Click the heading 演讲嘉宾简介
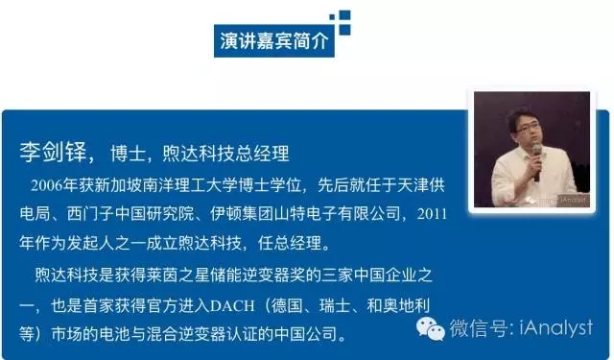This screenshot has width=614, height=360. point(273,40)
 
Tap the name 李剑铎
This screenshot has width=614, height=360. point(53,153)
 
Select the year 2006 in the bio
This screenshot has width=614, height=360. point(47,185)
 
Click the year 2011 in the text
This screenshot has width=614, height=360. point(432,214)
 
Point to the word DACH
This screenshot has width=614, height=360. point(232,305)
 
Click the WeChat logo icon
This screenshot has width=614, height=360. point(431,329)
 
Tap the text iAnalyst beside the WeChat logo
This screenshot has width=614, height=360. point(556,328)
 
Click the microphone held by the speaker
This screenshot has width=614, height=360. point(537,161)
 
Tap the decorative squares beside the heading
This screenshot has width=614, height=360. point(341,22)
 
